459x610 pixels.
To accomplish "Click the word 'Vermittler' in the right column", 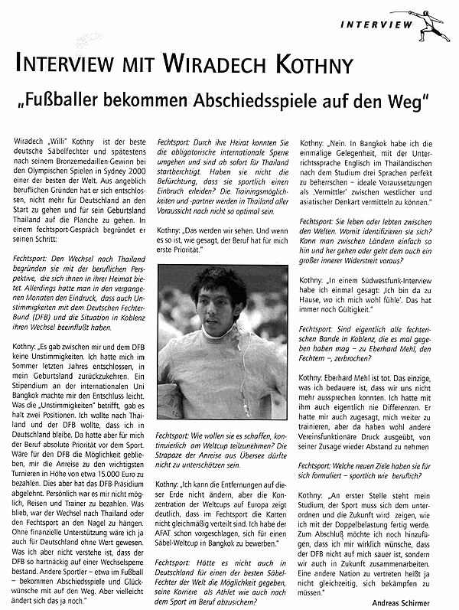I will point(327,186).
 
